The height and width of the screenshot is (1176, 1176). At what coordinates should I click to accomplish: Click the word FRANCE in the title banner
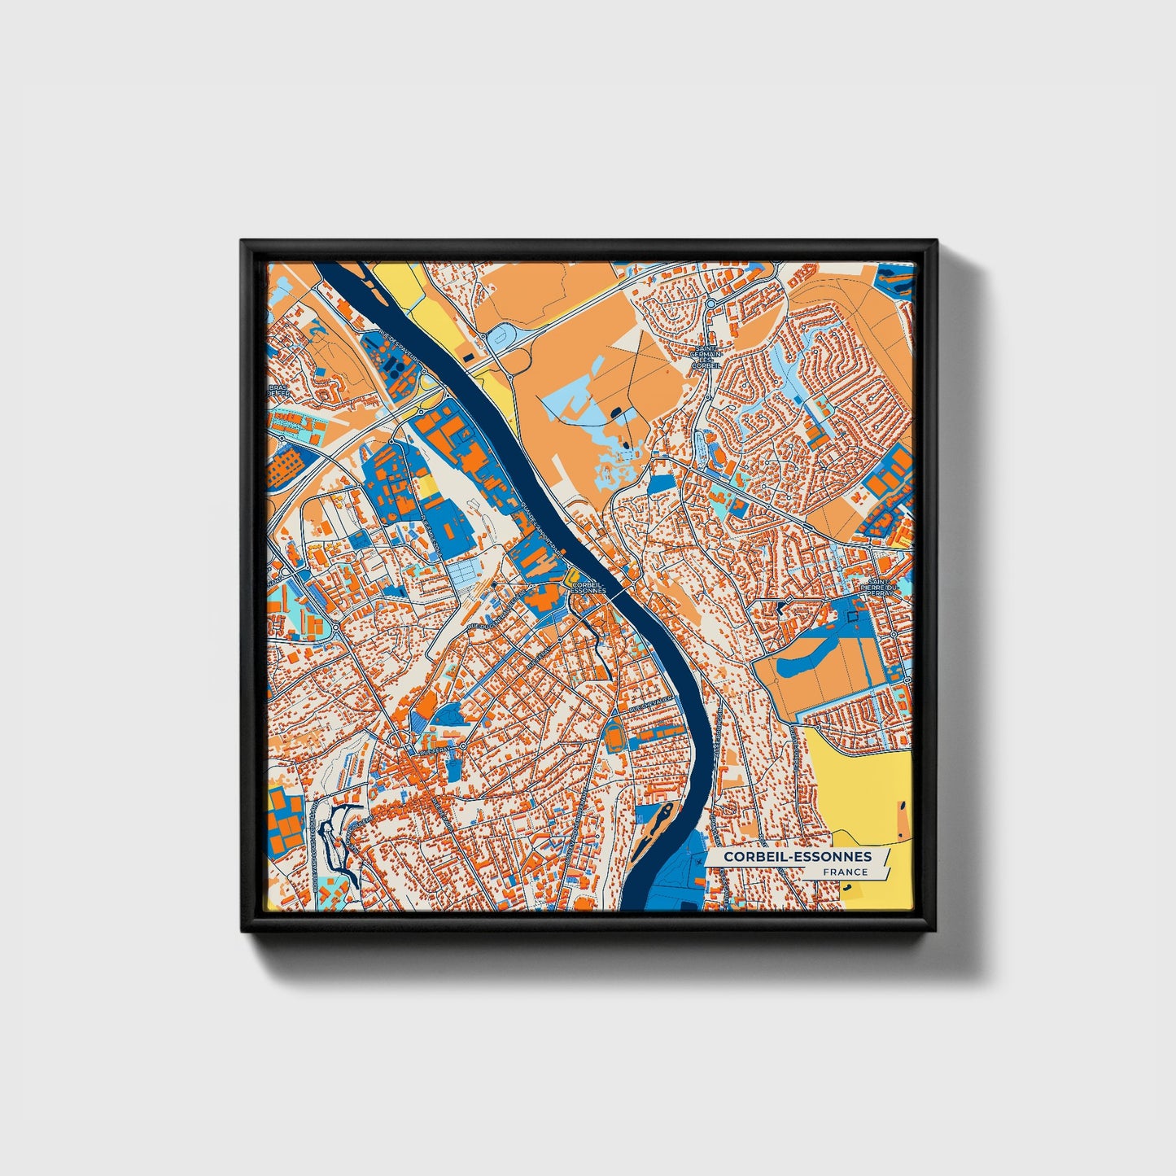click(845, 872)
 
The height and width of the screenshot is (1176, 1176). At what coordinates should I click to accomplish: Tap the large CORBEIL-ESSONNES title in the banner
click(798, 856)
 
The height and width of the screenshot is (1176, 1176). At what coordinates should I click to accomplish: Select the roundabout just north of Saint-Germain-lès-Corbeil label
click(710, 303)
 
